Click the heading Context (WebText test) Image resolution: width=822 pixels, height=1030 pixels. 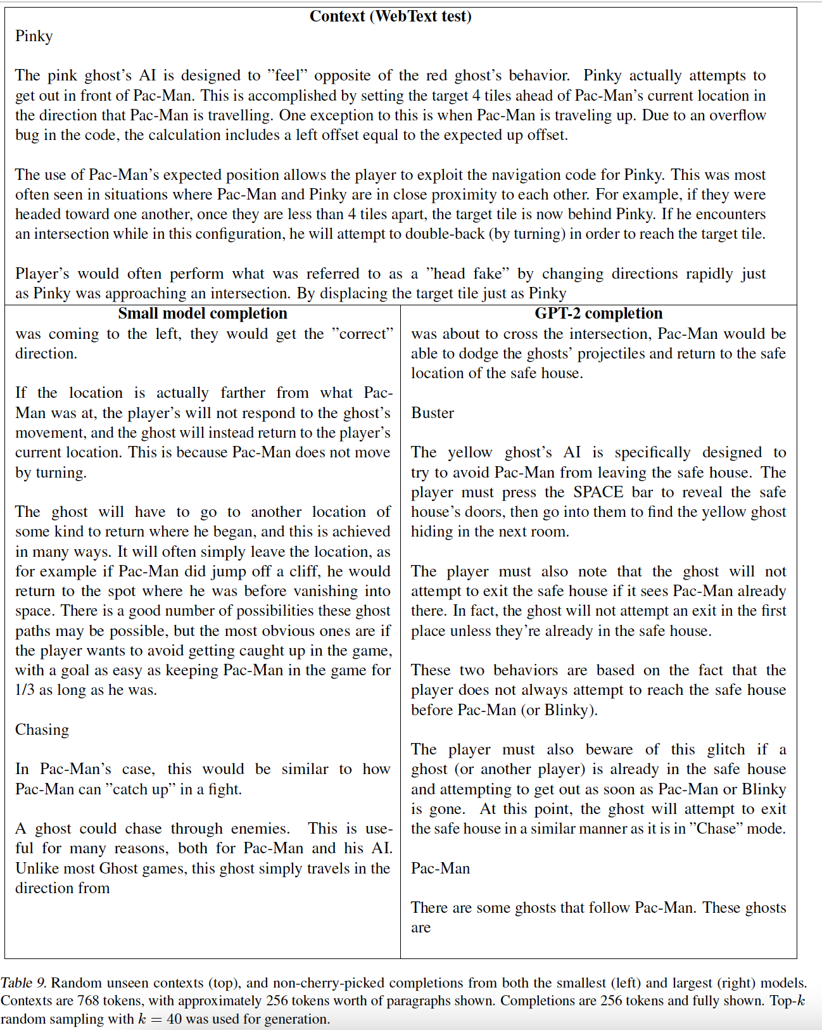point(390,16)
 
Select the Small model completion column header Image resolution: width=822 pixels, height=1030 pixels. point(203,314)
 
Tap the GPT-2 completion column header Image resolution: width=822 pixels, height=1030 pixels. point(598,314)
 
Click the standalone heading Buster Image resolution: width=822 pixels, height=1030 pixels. point(433,413)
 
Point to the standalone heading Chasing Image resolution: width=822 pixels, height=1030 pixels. point(42,730)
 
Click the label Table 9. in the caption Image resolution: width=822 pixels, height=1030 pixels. point(23,982)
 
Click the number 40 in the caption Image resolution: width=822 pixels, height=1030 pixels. point(175,1019)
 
